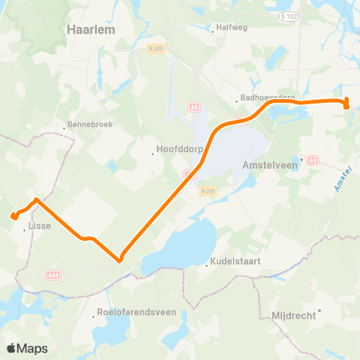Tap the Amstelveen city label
[x=270, y=166]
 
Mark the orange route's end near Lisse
[x=13, y=217]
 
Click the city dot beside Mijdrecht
[x=319, y=309]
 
